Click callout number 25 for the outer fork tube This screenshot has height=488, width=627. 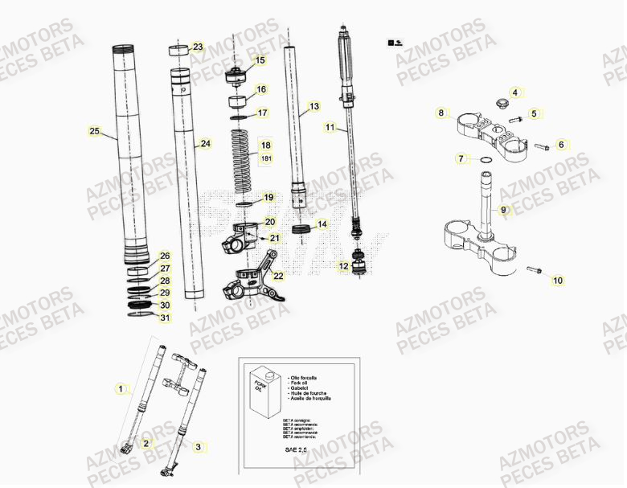pos(94,130)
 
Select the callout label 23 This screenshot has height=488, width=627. pos(198,47)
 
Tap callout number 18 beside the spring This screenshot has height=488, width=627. pos(266,146)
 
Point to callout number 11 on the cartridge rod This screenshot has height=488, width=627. pos(330,127)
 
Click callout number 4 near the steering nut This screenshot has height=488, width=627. pos(515,92)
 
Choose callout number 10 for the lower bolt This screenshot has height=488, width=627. pos(558,281)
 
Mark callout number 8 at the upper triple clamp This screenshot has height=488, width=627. pos(441,113)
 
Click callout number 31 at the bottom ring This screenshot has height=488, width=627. pos(165,318)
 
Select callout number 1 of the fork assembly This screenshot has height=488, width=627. pos(121,390)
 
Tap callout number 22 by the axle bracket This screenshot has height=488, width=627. pos(278,276)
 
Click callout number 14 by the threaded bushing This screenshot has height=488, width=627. pos(322,224)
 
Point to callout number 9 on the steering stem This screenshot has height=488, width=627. pos(504,211)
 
